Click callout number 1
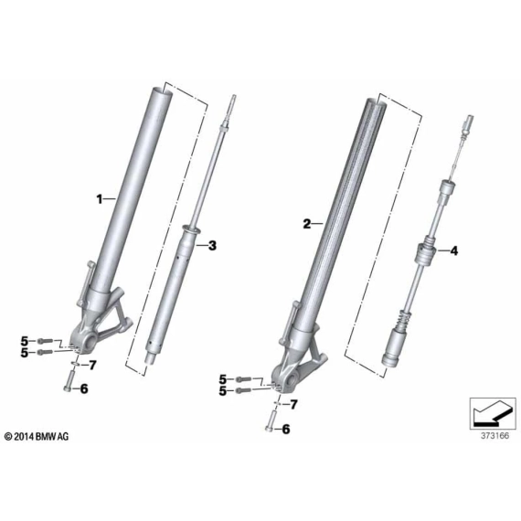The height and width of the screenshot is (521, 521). click(x=100, y=199)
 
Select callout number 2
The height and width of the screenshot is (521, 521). click(x=307, y=224)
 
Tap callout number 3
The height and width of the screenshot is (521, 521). click(x=212, y=246)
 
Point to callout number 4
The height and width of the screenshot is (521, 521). click(x=454, y=250)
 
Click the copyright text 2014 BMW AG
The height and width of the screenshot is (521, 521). click(x=37, y=436)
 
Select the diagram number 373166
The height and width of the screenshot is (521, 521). click(x=494, y=436)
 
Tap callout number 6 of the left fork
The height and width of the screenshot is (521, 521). click(x=84, y=388)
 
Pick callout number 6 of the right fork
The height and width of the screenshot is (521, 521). click(x=286, y=430)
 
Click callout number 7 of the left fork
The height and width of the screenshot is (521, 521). click(x=92, y=366)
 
